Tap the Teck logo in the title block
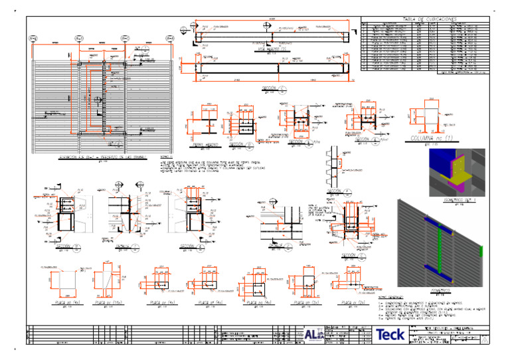(x=393, y=335)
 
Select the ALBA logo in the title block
(x=312, y=335)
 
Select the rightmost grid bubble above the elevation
(x=171, y=38)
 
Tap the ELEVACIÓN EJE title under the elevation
(x=102, y=157)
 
